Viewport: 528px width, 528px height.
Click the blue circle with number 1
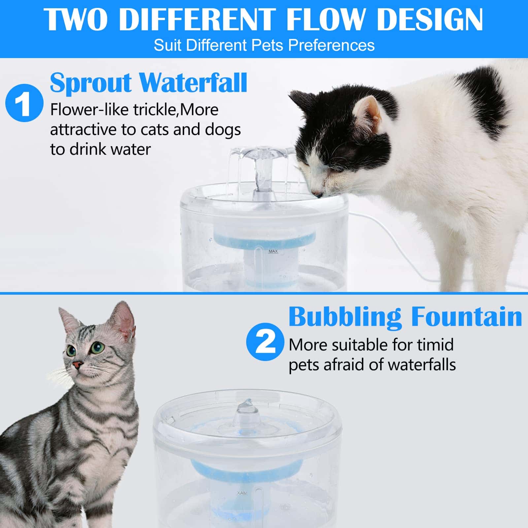tap(24, 103)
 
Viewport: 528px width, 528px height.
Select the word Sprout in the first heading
tap(91, 83)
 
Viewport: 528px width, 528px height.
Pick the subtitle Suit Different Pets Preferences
tap(264, 45)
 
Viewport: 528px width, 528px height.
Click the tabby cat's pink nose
tap(78, 365)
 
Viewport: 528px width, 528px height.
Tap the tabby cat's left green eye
tap(96, 347)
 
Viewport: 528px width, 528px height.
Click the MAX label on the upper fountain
tap(273, 251)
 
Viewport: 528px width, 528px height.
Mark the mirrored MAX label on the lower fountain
tap(242, 493)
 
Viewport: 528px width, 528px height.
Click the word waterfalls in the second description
tap(422, 365)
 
